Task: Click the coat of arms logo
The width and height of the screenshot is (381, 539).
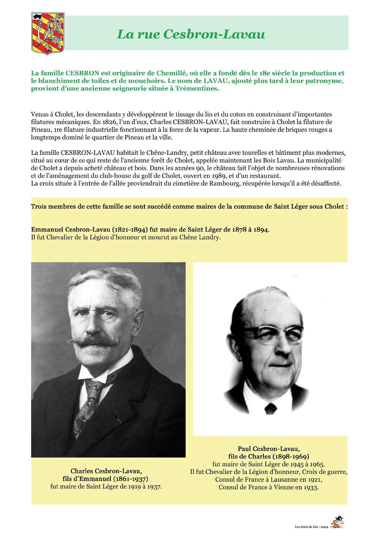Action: tap(48, 33)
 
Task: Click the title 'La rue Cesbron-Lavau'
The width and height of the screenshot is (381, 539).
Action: tap(191, 34)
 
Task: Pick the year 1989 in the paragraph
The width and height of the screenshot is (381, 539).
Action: tap(234, 176)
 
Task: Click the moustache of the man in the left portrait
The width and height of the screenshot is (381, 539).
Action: tap(94, 342)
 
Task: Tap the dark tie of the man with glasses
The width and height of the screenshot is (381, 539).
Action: tap(270, 408)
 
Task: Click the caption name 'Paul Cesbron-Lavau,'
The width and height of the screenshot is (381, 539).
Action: tap(269, 449)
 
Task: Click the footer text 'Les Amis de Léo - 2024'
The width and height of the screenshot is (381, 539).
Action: tap(311, 527)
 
